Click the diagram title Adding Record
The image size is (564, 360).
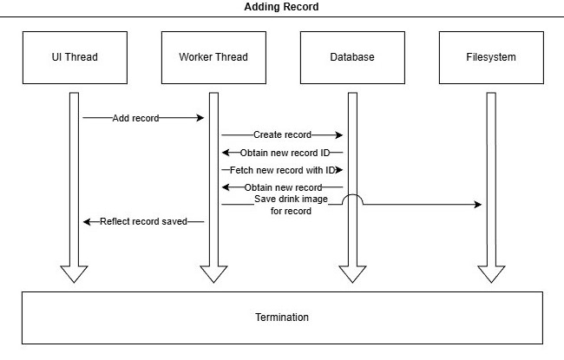(x=282, y=7)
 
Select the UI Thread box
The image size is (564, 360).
(x=74, y=57)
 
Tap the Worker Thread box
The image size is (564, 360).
(x=213, y=57)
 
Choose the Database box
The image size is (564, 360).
(x=351, y=57)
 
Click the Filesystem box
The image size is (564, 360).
(x=490, y=57)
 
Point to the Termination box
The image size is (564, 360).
(x=282, y=317)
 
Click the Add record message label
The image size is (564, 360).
(x=135, y=118)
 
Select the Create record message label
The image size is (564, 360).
(x=282, y=135)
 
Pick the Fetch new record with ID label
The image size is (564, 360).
(x=282, y=170)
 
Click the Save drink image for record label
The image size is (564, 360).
(x=282, y=205)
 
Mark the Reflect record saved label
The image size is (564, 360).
(x=143, y=222)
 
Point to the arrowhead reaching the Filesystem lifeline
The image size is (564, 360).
(x=477, y=205)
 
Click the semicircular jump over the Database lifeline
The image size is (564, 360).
(x=351, y=199)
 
